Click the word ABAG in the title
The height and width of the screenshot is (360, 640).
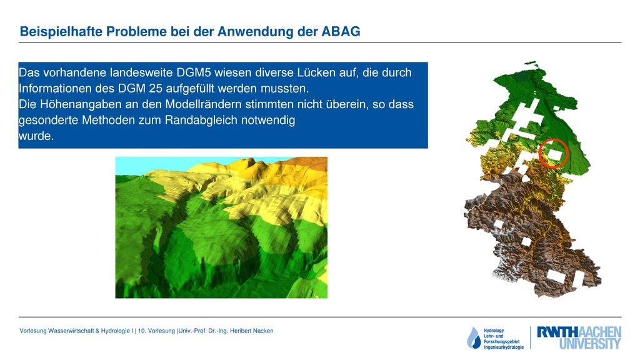(341, 31)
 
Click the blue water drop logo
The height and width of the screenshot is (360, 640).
(474, 338)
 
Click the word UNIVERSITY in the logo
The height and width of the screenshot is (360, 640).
(590, 344)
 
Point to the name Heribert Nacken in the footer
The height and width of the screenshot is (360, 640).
(251, 331)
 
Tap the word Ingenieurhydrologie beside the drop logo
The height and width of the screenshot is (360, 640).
(504, 347)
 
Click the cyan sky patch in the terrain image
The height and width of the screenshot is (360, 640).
(143, 166)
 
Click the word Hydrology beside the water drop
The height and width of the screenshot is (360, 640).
(494, 331)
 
